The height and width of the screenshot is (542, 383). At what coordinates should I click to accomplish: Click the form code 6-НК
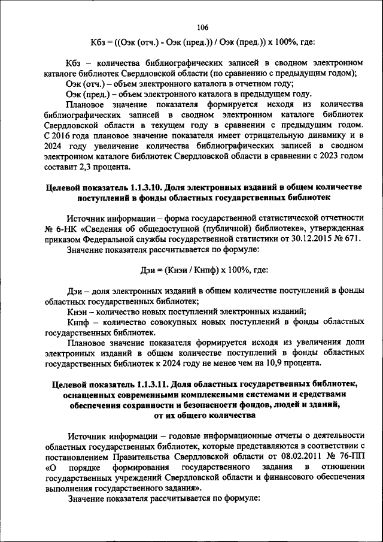(64, 228)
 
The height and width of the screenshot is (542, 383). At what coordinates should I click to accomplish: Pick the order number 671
(348, 238)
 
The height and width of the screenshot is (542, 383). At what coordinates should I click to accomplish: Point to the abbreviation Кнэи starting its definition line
(78, 311)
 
